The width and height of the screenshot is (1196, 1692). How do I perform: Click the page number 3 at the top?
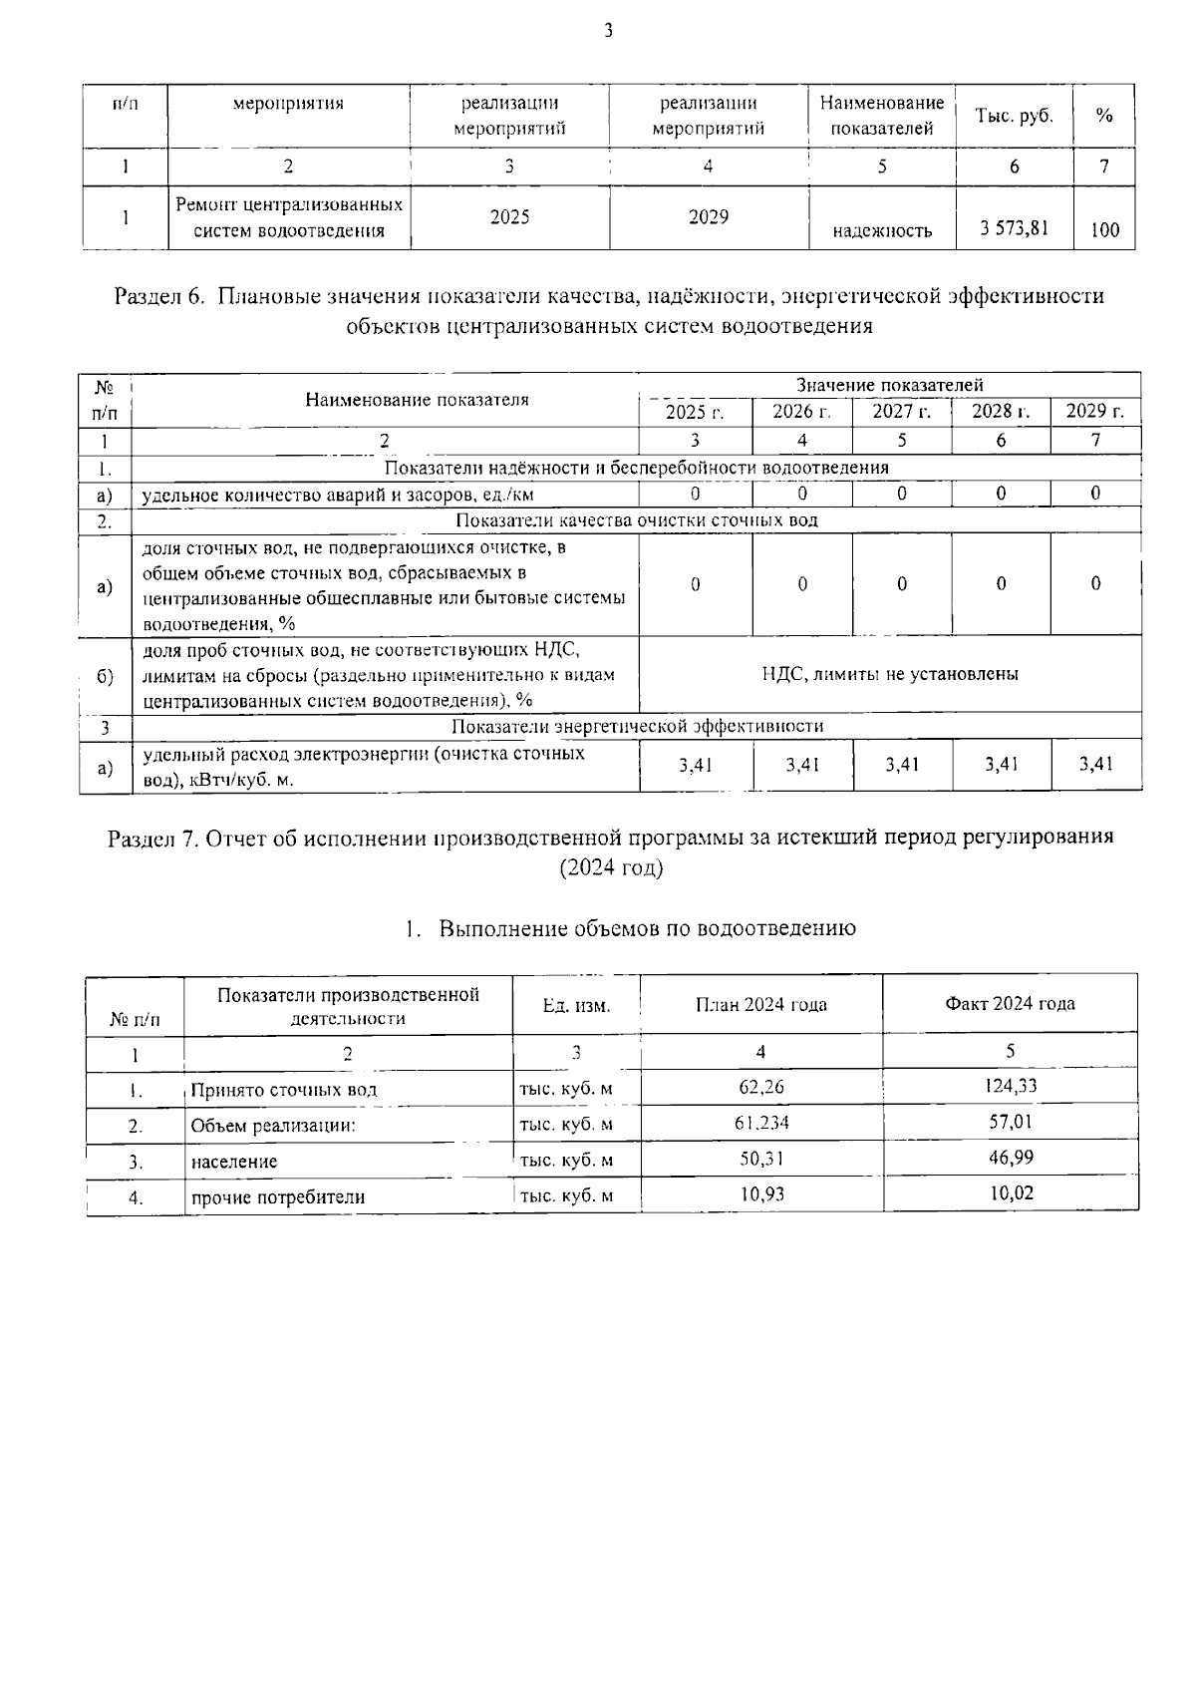coord(608,31)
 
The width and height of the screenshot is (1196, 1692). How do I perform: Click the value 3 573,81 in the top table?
coord(1014,228)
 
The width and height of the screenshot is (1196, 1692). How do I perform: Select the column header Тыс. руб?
coord(1014,116)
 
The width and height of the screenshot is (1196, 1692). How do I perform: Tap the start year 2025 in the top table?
coord(509,217)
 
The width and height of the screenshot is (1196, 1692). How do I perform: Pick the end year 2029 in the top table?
coord(708,217)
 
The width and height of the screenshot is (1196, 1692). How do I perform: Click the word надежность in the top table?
coord(882,231)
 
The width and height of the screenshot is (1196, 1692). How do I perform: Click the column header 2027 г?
coord(901,412)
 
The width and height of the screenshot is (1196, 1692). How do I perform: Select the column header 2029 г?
coord(1094,412)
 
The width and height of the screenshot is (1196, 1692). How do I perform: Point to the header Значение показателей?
coord(889,385)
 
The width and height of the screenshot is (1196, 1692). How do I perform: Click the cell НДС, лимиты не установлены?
coord(889,674)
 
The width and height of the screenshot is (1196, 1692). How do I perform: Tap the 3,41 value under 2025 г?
coord(695,765)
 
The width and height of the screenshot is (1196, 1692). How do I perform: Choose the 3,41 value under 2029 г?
coord(1095,765)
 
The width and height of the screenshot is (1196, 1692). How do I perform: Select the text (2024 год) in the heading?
coord(611,867)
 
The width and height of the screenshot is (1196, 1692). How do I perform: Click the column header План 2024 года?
coord(760,1004)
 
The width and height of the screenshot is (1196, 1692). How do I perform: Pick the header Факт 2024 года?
coord(1010,1003)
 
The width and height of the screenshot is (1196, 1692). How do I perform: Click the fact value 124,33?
coord(1010,1086)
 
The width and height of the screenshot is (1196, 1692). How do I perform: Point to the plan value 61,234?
coord(760,1123)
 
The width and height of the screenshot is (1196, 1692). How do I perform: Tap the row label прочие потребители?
coord(277,1197)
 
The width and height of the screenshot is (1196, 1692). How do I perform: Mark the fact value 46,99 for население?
coord(1010,1158)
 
